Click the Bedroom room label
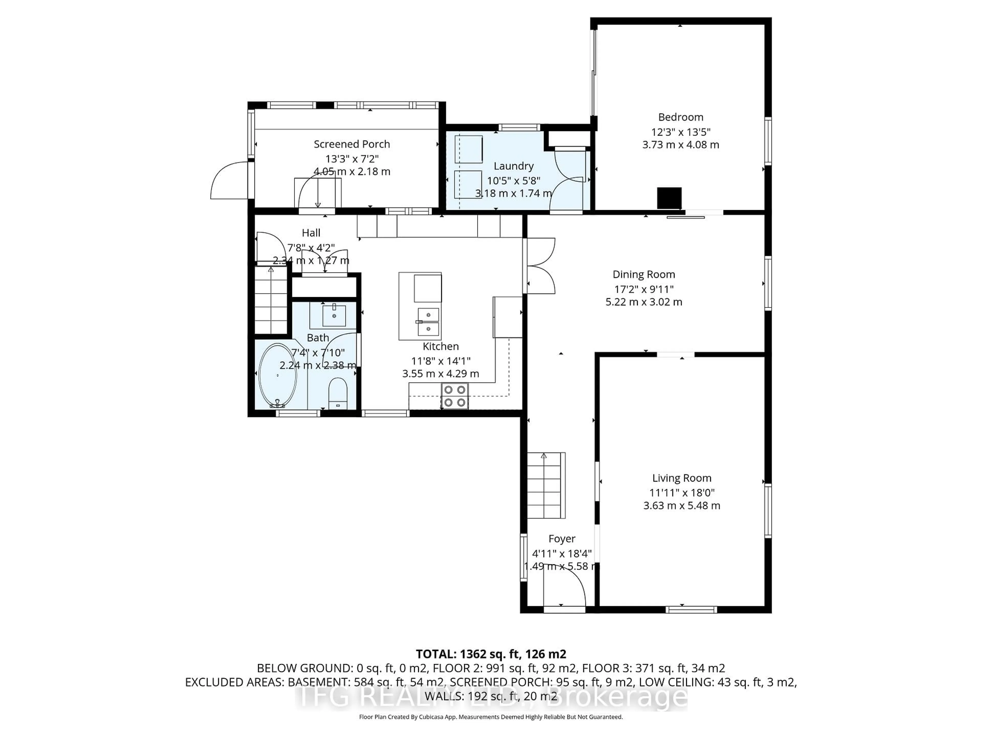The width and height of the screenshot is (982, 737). pyautogui.click(x=680, y=117)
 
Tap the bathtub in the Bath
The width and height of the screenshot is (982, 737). pyautogui.click(x=277, y=375)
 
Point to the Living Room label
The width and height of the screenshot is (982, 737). pyautogui.click(x=682, y=478)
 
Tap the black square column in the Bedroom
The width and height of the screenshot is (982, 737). pyautogui.click(x=669, y=198)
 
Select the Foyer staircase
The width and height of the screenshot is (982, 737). pyautogui.click(x=546, y=485)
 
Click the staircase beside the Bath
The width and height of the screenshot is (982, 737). pyautogui.click(x=271, y=300)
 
